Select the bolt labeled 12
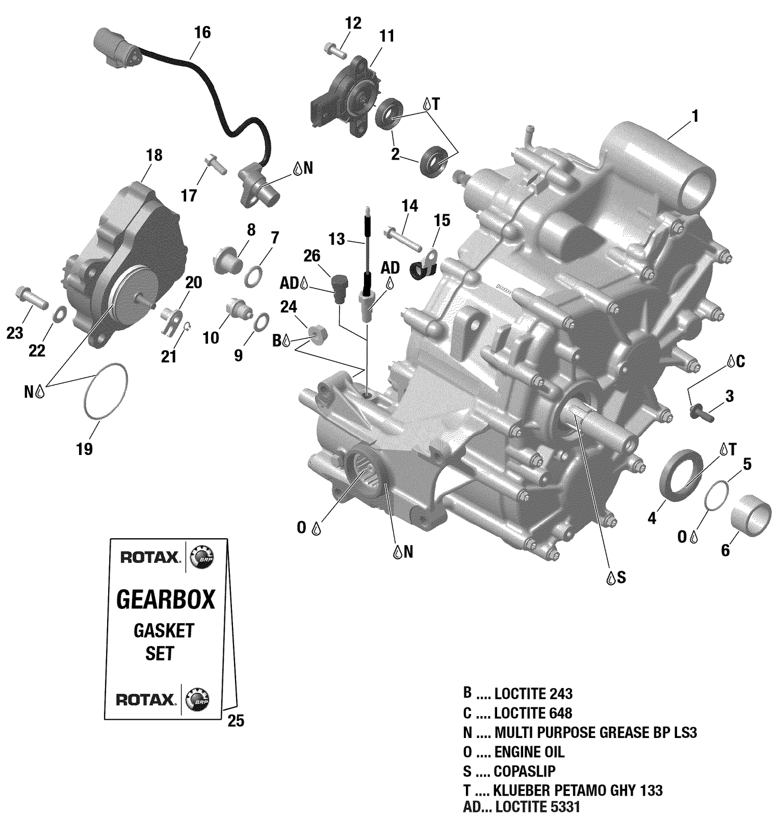click(335, 51)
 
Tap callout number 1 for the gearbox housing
click(695, 116)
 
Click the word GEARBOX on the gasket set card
click(165, 600)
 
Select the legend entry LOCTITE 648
click(533, 713)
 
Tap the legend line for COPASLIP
click(524, 771)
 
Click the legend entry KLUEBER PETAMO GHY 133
click(578, 791)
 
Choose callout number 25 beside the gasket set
click(236, 721)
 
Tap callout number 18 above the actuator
click(154, 155)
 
